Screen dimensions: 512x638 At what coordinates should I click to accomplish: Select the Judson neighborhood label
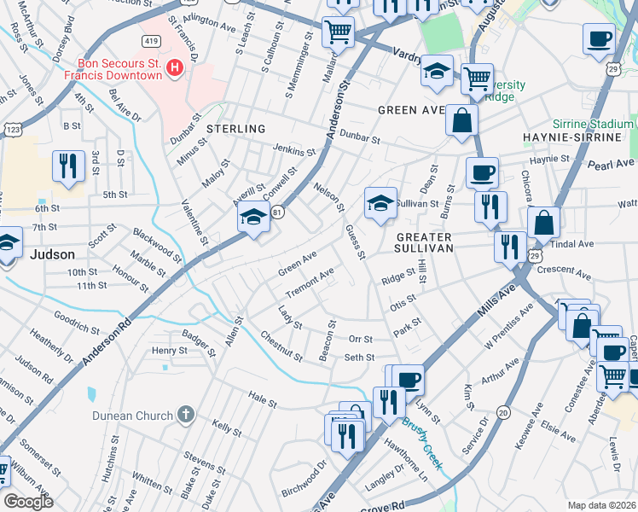pyautogui.click(x=51, y=254)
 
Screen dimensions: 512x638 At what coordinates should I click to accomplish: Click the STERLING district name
pyautogui.click(x=235, y=128)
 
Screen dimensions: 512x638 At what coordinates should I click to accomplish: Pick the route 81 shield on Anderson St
pyautogui.click(x=277, y=212)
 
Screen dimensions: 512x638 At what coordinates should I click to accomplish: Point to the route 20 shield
pyautogui.click(x=503, y=412)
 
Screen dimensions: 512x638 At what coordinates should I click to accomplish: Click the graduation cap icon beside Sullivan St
pyautogui.click(x=380, y=203)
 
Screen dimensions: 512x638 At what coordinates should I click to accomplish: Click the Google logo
pyautogui.click(x=28, y=502)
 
